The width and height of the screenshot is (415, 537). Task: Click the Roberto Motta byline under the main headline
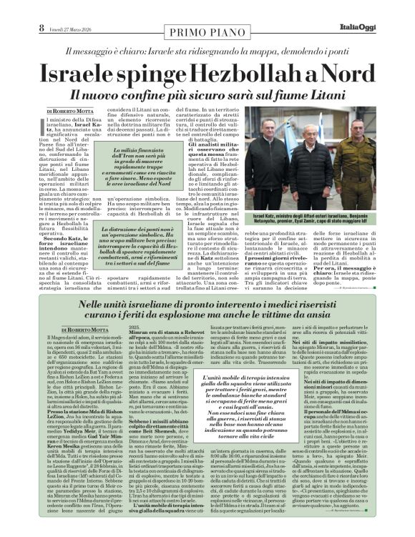(69, 112)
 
